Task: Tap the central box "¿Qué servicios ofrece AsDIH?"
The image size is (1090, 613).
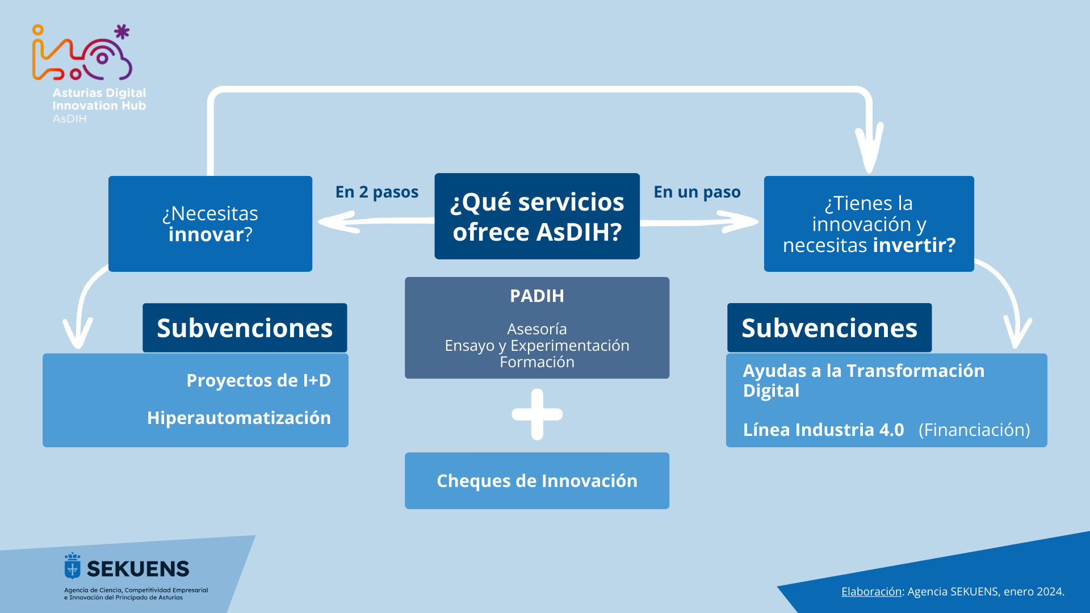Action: click(537, 216)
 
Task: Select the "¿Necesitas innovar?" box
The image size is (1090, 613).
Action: click(210, 224)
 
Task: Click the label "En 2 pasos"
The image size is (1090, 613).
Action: click(377, 192)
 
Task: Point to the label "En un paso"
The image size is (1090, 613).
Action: click(697, 192)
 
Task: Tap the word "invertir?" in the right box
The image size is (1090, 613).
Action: click(914, 245)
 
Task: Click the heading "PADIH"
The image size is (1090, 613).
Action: click(537, 296)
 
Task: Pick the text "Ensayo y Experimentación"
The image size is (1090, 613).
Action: click(537, 345)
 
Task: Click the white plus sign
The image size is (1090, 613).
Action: click(537, 414)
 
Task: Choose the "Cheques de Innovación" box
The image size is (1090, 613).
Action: click(537, 481)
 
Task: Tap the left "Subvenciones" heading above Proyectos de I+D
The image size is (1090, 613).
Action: click(245, 328)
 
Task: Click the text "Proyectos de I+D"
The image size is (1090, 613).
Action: click(259, 380)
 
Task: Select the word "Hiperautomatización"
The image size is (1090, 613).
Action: click(239, 418)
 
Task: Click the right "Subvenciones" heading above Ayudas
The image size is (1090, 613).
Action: click(829, 328)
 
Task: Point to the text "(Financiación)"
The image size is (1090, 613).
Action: click(974, 430)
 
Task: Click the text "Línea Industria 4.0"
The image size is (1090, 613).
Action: click(823, 430)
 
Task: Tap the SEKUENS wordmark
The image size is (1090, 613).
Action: click(138, 569)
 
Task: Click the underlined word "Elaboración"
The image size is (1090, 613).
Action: click(871, 591)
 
